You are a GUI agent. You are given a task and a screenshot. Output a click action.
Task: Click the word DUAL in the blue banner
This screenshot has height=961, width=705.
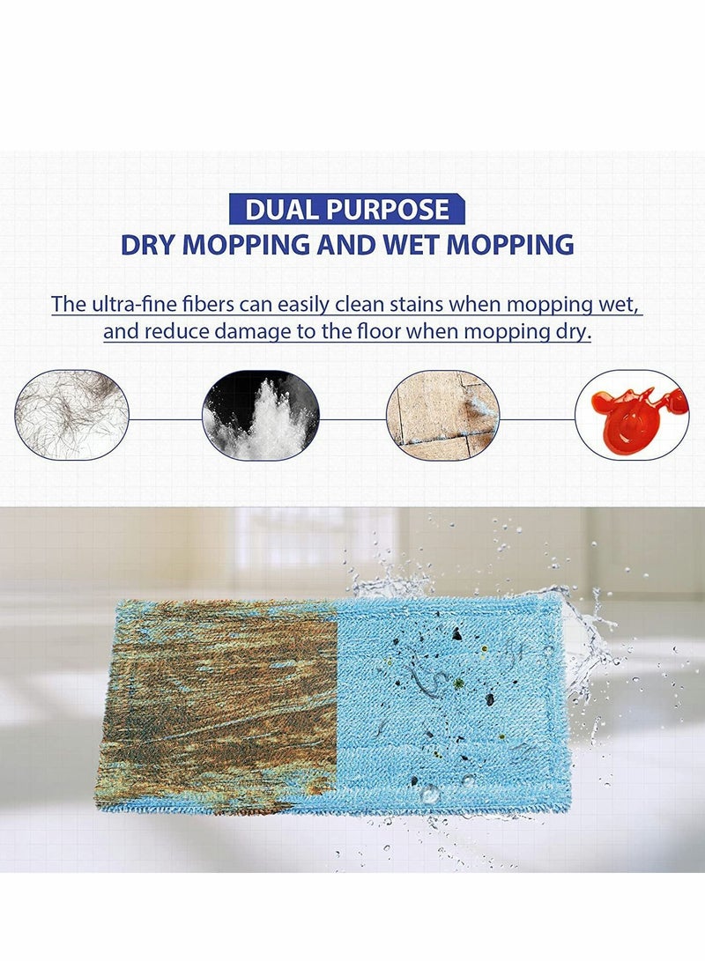(x=277, y=210)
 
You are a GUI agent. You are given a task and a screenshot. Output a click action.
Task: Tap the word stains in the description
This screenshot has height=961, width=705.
(x=382, y=305)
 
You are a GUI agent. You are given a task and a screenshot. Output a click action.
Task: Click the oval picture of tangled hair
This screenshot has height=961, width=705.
(x=72, y=415)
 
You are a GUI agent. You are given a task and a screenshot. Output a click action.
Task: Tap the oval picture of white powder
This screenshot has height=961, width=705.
(x=261, y=415)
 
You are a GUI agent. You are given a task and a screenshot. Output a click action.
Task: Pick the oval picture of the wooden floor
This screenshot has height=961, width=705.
(x=443, y=415)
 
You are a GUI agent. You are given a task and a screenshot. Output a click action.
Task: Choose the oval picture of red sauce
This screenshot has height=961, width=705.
(x=631, y=415)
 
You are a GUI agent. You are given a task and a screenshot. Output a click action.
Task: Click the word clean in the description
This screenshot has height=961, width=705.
(x=340, y=305)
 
